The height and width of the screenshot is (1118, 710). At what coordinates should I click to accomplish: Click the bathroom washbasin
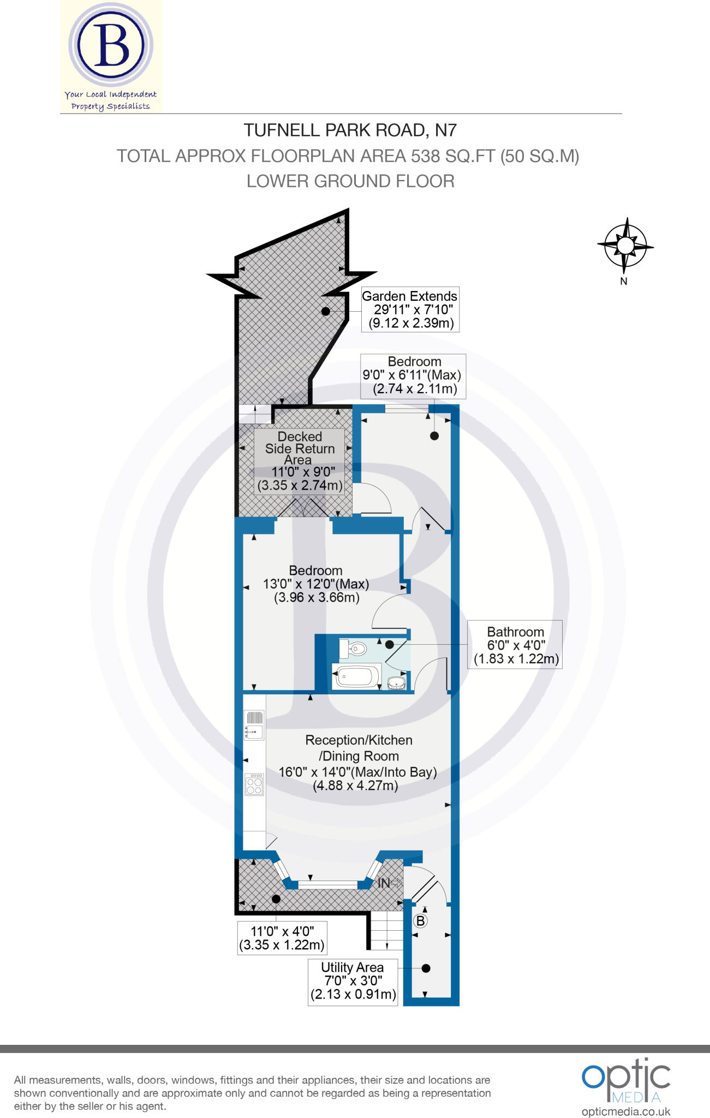coord(397,683)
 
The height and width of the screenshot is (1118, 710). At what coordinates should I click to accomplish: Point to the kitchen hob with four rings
coord(254,784)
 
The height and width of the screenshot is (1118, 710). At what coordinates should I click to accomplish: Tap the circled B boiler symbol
coord(420,921)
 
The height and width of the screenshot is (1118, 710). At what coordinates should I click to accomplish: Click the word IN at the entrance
coord(384,883)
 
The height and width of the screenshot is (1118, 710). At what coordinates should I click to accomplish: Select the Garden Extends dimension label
coord(410,310)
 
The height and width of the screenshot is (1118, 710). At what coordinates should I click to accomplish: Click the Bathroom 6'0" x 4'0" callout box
coord(515,645)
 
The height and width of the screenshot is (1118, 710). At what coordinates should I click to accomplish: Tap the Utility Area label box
coord(353,981)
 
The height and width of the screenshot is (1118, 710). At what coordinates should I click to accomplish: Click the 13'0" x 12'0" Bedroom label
coord(316,584)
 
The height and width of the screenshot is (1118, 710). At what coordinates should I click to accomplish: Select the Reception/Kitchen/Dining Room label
coord(358,763)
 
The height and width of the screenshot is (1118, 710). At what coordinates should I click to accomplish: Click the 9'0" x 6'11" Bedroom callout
coord(413,376)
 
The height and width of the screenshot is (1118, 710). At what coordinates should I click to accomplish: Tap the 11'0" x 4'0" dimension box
coord(282,938)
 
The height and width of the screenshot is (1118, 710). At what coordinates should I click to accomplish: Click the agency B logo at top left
coord(111,45)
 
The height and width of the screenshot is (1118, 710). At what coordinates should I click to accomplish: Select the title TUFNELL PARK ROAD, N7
coord(350,130)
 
